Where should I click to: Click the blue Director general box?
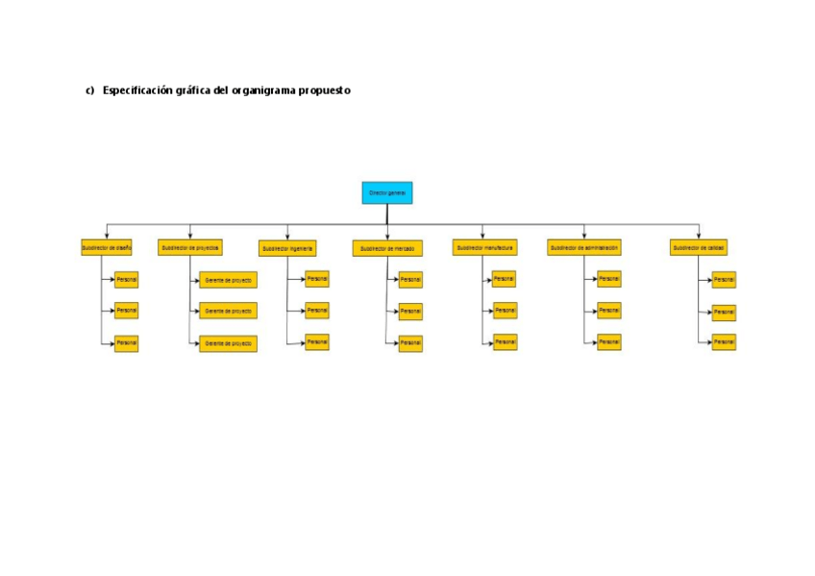386,192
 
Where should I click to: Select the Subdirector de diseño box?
106,247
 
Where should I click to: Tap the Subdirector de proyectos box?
190,247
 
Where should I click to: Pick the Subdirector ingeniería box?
287,248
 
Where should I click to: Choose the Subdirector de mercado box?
387,248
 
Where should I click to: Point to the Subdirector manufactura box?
484,247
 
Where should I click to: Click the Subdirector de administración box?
583,247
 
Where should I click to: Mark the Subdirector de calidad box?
699,247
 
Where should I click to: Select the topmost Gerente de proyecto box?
228,281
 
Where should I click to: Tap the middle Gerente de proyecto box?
228,312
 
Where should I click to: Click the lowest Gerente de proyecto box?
228,343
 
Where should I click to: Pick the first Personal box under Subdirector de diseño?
126,280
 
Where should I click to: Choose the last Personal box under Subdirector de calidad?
724,341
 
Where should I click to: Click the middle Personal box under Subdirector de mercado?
410,312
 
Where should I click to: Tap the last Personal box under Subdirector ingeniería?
317,341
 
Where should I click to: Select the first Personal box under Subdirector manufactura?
504,279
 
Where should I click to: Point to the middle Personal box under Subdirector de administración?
608,311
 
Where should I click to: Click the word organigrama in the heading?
265,90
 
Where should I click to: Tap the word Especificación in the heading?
137,90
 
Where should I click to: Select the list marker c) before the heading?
90,90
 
